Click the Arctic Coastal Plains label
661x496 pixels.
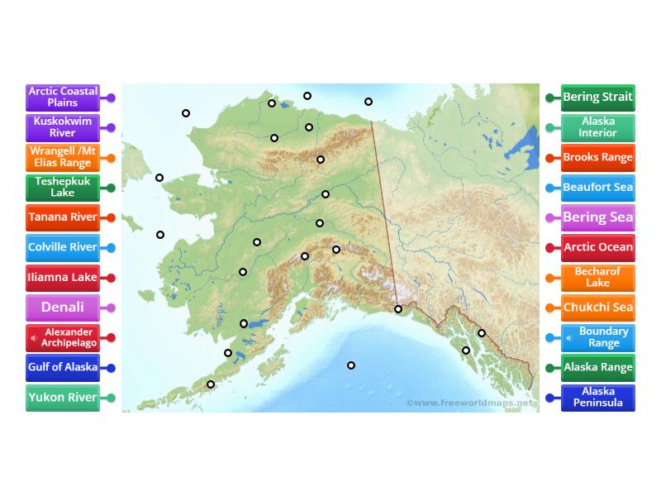(63, 98)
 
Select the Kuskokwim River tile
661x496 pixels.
(63, 127)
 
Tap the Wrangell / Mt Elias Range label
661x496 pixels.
(63, 157)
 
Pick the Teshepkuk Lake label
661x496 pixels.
(63, 187)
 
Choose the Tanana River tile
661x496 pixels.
(63, 217)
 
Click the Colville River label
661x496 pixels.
(63, 247)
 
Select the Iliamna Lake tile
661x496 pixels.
(63, 278)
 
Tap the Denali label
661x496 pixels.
(63, 308)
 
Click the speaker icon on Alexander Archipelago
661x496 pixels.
(34, 337)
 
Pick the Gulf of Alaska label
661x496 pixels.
(63, 367)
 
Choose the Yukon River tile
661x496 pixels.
(63, 398)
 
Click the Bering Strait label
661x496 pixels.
(597, 98)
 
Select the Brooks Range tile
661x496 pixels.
(597, 157)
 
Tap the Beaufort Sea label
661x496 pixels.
(597, 188)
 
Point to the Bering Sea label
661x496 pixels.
(597, 218)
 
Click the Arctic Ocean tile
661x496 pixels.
(597, 247)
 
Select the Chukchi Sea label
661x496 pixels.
(597, 308)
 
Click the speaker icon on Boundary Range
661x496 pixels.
(569, 337)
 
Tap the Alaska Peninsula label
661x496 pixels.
(597, 398)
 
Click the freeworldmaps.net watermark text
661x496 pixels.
(471, 403)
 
